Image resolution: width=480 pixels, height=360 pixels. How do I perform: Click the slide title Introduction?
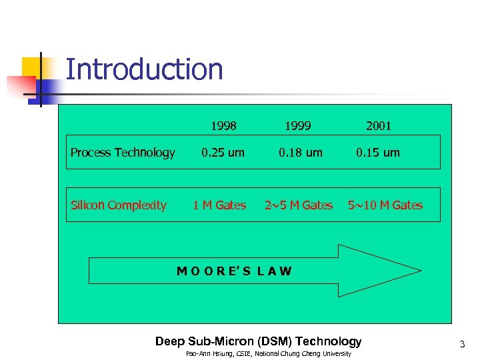pos(144,70)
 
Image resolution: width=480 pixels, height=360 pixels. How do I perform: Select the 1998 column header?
pos(223,125)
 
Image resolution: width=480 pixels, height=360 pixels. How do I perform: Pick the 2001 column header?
pos(378,125)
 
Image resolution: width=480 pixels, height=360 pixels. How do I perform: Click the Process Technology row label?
pos(123,153)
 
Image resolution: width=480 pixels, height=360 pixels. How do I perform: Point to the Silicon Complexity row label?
pos(119,205)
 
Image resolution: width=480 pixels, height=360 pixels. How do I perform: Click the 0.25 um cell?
pos(223,153)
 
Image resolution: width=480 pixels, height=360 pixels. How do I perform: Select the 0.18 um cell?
pos(301,153)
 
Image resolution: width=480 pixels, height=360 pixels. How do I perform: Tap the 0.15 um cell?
pos(378,153)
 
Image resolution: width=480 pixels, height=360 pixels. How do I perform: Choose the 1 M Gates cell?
pos(219,205)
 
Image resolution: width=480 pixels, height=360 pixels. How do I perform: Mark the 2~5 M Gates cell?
pos(299,205)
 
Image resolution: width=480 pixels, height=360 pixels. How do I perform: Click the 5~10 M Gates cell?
pos(385,205)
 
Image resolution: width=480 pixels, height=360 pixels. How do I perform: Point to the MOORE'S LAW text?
pos(234,271)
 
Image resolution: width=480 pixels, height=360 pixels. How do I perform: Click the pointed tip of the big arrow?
pos(419,271)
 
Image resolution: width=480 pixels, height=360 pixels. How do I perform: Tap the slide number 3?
pos(461,345)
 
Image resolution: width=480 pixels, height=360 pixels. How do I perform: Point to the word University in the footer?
pos(336,354)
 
